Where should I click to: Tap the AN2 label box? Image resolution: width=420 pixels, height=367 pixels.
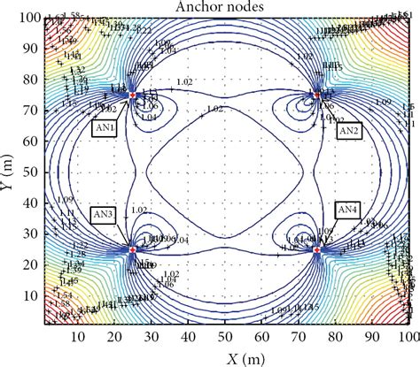tap(348, 130)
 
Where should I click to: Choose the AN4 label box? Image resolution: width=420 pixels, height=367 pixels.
tap(347, 210)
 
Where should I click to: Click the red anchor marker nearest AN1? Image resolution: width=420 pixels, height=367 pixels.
tap(133, 95)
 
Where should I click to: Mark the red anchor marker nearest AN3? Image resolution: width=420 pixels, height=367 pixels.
tap(133, 250)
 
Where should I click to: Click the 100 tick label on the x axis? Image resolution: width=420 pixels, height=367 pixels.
tap(408, 337)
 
